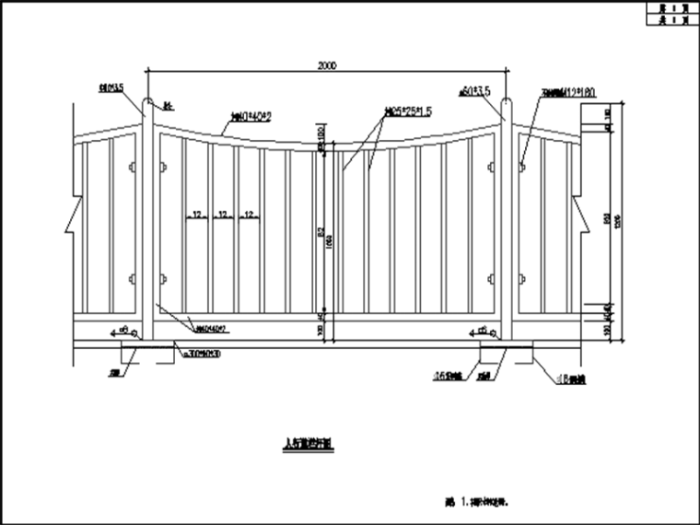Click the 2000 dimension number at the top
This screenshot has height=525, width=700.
(326, 65)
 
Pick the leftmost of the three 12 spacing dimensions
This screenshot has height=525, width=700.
(195, 215)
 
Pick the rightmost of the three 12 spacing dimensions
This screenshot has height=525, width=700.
(248, 215)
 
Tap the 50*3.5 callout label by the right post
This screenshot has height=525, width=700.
(478, 90)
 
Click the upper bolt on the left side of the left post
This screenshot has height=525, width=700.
(132, 168)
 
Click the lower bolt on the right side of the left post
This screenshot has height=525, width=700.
(163, 278)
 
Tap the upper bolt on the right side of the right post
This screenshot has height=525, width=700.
(522, 168)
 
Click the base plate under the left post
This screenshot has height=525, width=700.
(147, 351)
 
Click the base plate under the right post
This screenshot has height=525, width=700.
(507, 351)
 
